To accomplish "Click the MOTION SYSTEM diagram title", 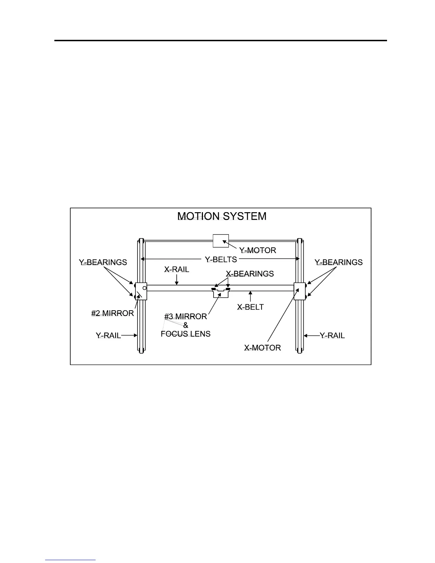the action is pos(222,216).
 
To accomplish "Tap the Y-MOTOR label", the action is pos(258,250).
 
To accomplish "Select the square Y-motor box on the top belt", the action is pos(221,241).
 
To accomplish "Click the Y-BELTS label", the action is pos(221,259).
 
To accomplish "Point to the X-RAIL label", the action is pos(177,269).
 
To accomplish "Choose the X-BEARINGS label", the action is pos(250,274).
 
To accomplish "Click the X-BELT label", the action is pos(251,307).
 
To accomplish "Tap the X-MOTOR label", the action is pos(262,348).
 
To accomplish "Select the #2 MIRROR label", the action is pos(113,313).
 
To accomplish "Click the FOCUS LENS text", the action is pos(186,334).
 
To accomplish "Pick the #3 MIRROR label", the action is pos(186,316).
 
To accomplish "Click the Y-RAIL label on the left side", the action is pos(108,336).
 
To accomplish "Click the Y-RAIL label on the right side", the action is pos(332,336).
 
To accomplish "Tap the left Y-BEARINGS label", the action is pos(103,262).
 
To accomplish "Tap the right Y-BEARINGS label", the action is pos(339,262).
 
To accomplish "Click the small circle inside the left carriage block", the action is pos(145,288).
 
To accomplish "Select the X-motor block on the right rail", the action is pos(300,291).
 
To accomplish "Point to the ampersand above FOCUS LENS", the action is pos(186,325).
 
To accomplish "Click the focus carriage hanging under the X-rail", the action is pos(221,294).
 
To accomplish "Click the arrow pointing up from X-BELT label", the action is pos(251,296).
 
